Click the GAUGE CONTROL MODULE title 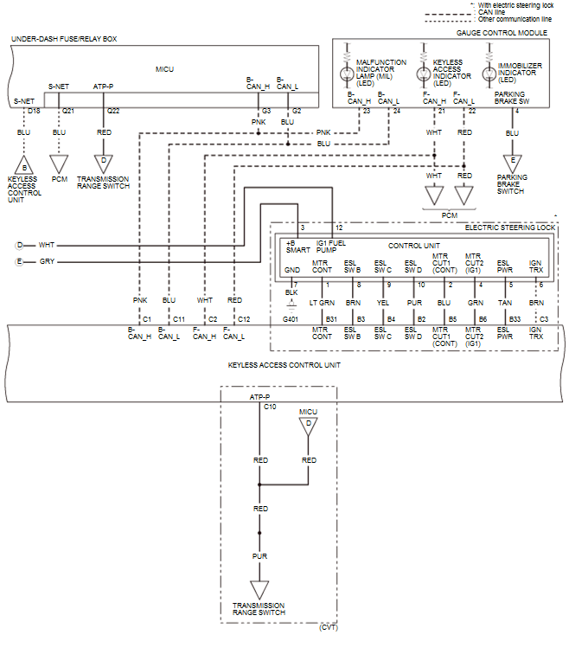point(502,32)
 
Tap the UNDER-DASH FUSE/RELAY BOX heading point(64,39)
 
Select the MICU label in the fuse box point(164,68)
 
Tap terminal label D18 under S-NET point(34,112)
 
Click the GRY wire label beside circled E point(46,260)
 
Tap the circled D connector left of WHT point(19,245)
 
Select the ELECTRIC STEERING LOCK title point(510,227)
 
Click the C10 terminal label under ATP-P point(270,406)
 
